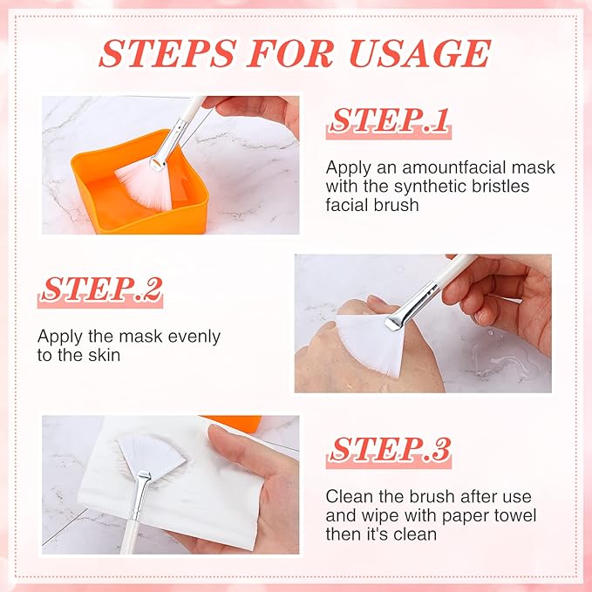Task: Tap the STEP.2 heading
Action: (x=102, y=289)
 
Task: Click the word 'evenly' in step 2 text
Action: (x=189, y=336)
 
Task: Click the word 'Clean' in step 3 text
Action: (x=348, y=496)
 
